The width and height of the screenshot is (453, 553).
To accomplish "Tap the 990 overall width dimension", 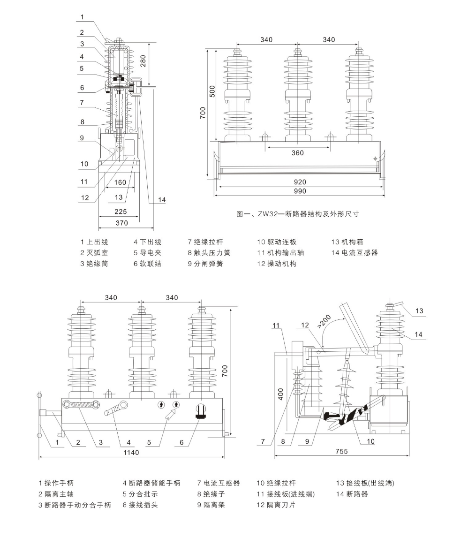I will click(300, 191).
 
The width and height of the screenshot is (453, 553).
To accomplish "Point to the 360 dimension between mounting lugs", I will click(297, 152).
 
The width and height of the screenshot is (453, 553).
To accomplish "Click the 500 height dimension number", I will click(212, 91).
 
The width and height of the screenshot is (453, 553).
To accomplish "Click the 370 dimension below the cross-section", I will click(121, 223).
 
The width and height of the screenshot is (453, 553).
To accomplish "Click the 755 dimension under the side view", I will click(342, 451).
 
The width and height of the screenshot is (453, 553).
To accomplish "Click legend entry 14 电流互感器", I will click(355, 252).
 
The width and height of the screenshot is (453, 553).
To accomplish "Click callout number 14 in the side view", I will click(418, 334).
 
